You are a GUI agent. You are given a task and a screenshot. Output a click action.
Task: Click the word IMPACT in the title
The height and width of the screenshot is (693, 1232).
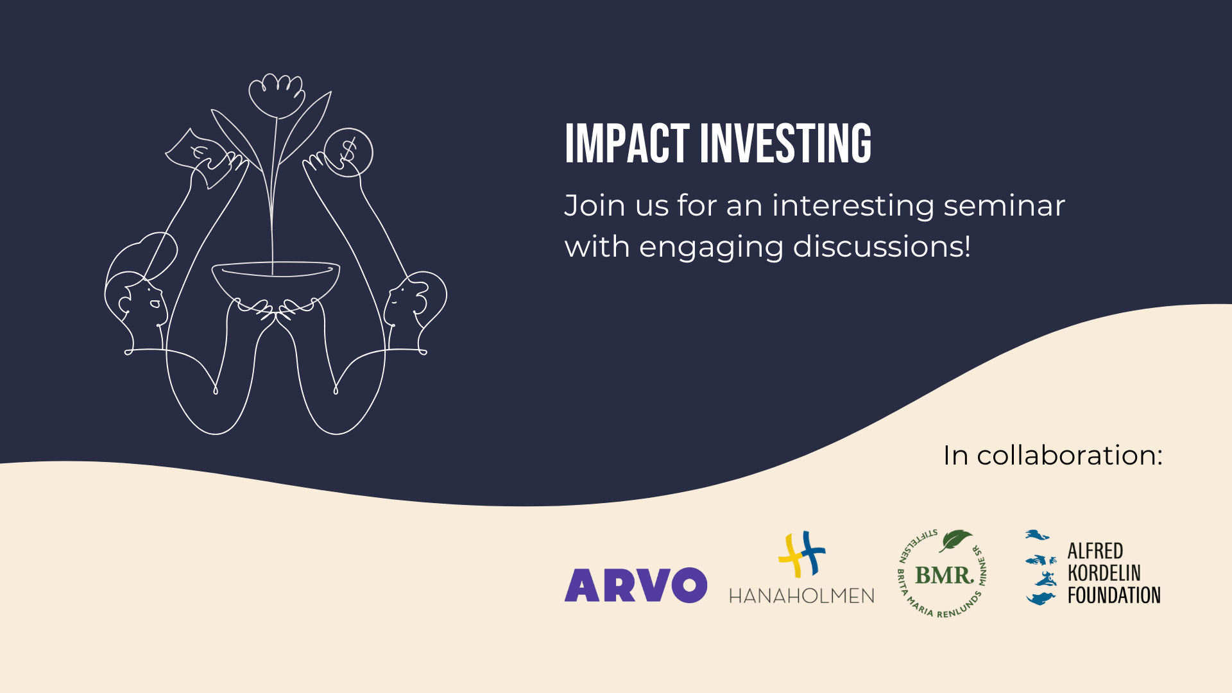coord(627,143)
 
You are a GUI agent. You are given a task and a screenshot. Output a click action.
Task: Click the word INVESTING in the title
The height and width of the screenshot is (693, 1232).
coord(786,143)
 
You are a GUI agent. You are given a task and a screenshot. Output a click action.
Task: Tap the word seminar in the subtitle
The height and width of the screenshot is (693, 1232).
coord(1004,207)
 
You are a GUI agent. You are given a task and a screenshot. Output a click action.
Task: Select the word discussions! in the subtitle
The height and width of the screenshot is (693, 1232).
coord(882,246)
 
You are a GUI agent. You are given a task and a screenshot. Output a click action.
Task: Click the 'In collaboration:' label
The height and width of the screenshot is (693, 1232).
coord(1053,456)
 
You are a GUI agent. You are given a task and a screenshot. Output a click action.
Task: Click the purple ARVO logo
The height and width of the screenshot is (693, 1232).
coord(636,585)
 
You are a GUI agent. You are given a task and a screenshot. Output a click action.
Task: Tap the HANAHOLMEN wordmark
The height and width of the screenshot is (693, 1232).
coord(801,596)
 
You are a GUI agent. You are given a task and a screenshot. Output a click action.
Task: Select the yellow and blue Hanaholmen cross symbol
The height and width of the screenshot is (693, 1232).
coord(801,554)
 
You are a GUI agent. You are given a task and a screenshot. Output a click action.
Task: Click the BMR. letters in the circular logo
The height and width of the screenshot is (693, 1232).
coord(944,575)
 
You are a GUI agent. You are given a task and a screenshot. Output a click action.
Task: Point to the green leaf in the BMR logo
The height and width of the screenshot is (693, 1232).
coord(955,540)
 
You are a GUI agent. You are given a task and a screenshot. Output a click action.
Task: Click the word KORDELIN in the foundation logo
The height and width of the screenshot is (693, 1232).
coord(1104,573)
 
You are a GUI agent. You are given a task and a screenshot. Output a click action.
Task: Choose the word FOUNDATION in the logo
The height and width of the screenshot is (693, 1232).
coord(1114,595)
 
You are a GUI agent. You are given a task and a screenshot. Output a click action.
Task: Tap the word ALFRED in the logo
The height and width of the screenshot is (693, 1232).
coord(1095,551)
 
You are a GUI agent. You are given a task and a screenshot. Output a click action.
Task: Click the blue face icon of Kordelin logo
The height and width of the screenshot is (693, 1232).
coord(1041,568)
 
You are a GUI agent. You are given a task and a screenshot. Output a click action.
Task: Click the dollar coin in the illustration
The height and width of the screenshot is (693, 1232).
coord(348,153)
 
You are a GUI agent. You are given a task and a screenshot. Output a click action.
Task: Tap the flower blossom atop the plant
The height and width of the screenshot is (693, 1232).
coord(277,96)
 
